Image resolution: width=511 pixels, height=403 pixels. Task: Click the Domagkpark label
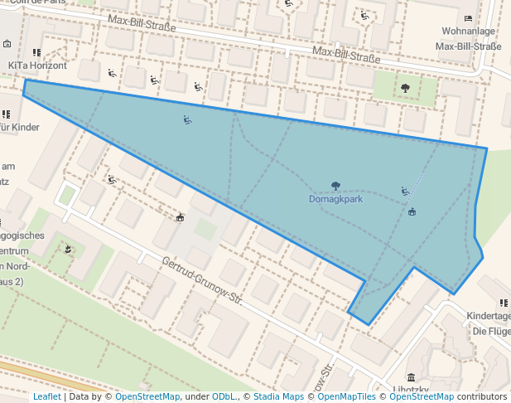coord(335,200)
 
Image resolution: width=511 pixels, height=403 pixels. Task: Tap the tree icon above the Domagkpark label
coord(335,187)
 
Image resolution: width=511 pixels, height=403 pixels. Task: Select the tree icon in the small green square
coord(405,87)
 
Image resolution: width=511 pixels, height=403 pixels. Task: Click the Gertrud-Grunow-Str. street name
coord(201,280)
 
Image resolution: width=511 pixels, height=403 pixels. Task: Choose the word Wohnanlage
coord(469,32)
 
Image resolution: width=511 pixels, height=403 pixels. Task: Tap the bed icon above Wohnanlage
coord(469,18)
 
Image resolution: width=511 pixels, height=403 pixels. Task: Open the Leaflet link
coord(47,396)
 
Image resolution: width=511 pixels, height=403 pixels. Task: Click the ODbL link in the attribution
coord(223,396)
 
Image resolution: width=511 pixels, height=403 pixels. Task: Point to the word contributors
coord(482,396)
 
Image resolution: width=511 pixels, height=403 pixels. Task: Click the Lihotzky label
coord(411,390)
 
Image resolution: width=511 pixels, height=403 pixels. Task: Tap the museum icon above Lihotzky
coord(411,377)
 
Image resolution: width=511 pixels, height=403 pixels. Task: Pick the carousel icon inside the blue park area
coord(412,211)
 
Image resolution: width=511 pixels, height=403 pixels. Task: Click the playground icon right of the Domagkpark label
coord(404,192)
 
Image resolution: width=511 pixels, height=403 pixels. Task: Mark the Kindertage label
coord(488,316)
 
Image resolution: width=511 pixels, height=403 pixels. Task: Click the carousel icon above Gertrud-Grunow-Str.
coord(179,218)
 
